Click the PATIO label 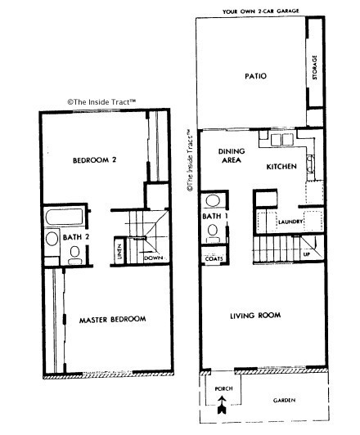coord(257,78)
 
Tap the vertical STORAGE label coord(314,69)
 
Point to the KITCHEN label coord(281,167)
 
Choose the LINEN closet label coord(119,253)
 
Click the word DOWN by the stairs coord(153,258)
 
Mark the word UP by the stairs coord(307,254)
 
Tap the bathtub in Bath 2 coord(64,218)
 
